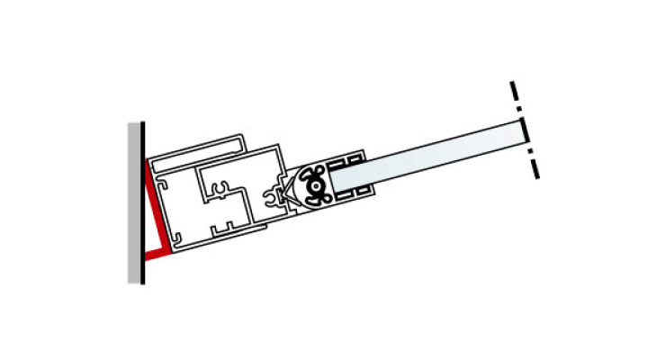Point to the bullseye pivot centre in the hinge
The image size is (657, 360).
click(316, 185)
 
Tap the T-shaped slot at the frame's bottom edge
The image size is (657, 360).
click(221, 225)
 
